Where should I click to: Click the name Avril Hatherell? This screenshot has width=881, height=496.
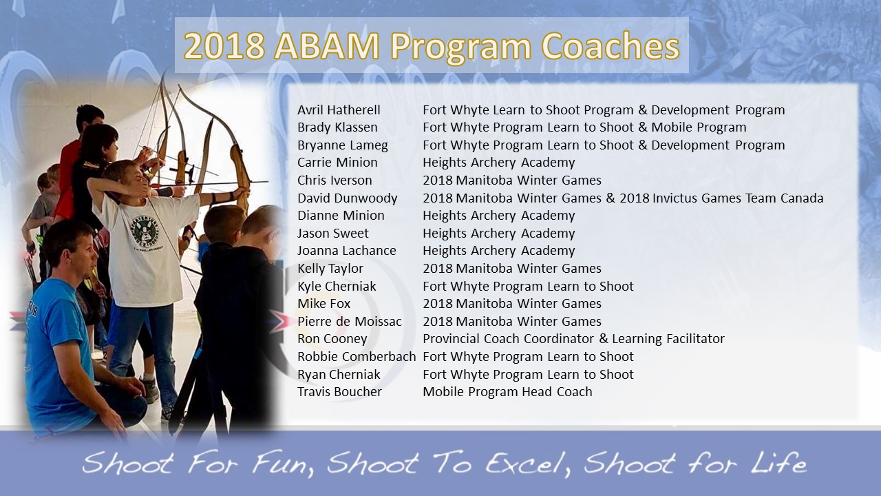(339, 110)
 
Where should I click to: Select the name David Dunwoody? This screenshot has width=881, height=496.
(348, 198)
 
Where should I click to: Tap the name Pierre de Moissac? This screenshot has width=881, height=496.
(349, 321)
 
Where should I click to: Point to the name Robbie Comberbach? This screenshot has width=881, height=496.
(357, 357)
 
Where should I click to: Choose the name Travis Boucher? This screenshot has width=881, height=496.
(339, 392)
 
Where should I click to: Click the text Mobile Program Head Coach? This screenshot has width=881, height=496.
(507, 392)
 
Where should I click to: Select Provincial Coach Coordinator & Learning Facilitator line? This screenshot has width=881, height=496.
(573, 339)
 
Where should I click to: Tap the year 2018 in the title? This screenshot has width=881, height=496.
(224, 46)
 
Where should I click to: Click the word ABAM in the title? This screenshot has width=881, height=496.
(327, 46)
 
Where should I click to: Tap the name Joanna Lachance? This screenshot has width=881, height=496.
(346, 251)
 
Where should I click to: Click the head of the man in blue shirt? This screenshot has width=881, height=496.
(71, 248)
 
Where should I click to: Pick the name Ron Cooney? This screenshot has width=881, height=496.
(332, 339)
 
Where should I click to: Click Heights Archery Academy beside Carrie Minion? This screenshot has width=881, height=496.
(499, 163)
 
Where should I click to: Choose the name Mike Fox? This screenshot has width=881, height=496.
(323, 304)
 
